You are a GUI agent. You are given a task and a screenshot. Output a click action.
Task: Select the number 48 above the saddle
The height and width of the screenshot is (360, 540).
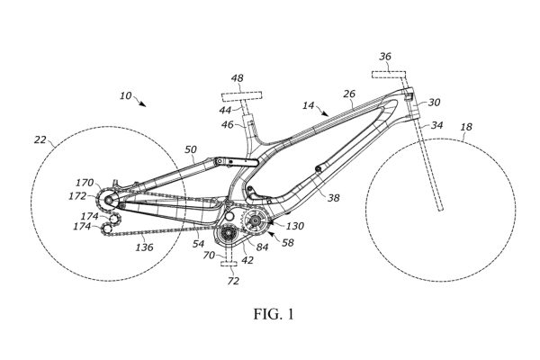[x=238, y=79]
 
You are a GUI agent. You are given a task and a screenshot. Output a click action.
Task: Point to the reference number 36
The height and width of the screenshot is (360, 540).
[x=385, y=58]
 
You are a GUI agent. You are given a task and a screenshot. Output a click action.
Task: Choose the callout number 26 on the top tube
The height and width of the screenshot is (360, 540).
[x=350, y=93]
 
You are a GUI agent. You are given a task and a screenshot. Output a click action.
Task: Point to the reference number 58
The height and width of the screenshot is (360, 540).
[x=288, y=244]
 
